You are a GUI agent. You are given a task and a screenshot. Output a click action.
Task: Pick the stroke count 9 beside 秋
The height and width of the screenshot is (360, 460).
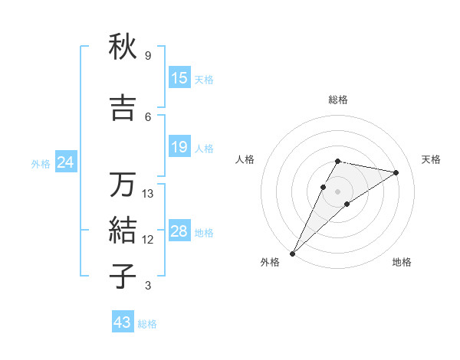pyautogui.click(x=147, y=56)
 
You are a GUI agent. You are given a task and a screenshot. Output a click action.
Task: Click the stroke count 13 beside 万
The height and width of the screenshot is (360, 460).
pyautogui.click(x=148, y=194)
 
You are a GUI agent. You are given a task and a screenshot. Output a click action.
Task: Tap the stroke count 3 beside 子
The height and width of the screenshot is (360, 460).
pyautogui.click(x=147, y=286)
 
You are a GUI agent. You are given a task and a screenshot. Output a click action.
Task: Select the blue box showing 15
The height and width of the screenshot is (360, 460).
pyautogui.click(x=179, y=78)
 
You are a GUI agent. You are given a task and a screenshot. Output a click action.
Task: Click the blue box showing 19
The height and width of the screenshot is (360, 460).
pyautogui.click(x=179, y=147)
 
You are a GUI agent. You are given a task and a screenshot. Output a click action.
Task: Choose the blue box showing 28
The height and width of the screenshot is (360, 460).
pyautogui.click(x=179, y=231)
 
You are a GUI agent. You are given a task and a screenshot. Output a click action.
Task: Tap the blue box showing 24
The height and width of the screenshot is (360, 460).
pyautogui.click(x=65, y=162)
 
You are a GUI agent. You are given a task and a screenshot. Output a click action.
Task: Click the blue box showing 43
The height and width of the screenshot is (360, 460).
pyautogui.click(x=123, y=322)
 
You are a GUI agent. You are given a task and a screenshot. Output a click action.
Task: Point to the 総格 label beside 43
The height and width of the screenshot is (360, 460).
pyautogui.click(x=147, y=324)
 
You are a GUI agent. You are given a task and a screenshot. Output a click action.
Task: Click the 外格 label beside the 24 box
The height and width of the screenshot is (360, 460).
pyautogui.click(x=41, y=163)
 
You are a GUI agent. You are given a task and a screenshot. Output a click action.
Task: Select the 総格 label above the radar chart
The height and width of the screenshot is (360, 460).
pyautogui.click(x=337, y=100)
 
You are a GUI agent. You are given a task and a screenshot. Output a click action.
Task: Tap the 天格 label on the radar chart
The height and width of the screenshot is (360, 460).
pyautogui.click(x=431, y=159)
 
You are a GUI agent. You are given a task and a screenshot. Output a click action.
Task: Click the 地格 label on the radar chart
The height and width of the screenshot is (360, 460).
pyautogui.click(x=402, y=262)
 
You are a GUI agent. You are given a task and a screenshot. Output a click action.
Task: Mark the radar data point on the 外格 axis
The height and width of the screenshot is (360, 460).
pyautogui.click(x=292, y=253)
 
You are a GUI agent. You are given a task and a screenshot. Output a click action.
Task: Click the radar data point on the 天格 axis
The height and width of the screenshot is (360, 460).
pyautogui.click(x=396, y=173)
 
